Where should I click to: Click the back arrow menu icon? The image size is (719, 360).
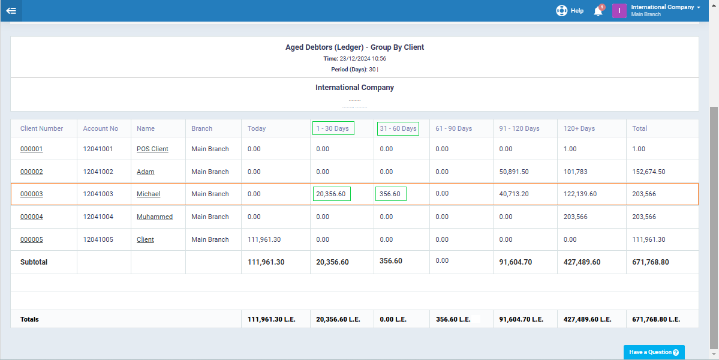click(11, 11)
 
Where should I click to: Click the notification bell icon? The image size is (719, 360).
click(598, 11)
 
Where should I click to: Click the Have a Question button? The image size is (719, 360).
click(654, 352)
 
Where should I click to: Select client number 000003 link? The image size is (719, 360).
click(32, 194)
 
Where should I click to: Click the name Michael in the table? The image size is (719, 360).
click(148, 194)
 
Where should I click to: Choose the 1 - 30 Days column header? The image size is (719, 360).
click(332, 128)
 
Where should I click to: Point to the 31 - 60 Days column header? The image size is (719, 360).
click(398, 128)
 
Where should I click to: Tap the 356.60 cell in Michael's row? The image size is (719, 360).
click(390, 194)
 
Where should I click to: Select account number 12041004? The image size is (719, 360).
click(98, 217)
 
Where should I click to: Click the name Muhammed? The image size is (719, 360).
click(154, 217)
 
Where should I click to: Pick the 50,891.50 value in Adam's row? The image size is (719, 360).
click(513, 172)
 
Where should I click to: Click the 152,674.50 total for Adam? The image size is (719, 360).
click(648, 172)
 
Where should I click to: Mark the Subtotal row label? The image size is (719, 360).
click(34, 262)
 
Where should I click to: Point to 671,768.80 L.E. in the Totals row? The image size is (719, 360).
click(656, 320)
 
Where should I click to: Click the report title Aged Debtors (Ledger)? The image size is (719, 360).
click(354, 47)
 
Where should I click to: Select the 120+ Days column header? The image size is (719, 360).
click(579, 128)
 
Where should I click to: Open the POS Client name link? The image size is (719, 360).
click(152, 149)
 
